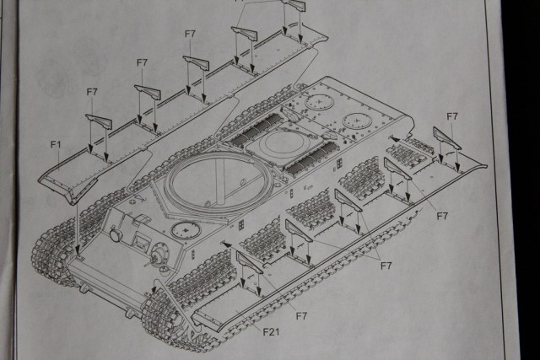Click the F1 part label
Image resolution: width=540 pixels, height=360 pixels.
click(x=56, y=145)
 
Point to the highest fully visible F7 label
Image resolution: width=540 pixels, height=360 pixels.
click(x=190, y=34)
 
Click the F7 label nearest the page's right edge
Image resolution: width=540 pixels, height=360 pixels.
click(x=451, y=116)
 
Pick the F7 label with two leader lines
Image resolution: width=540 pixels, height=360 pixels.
click(x=386, y=266)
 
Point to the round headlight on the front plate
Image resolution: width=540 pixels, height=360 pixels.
click(x=115, y=235)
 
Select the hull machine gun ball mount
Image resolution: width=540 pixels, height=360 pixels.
click(x=158, y=251)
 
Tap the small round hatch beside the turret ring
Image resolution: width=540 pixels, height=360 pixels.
click(x=182, y=228)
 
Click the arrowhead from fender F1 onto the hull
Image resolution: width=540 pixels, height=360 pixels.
click(x=77, y=250)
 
